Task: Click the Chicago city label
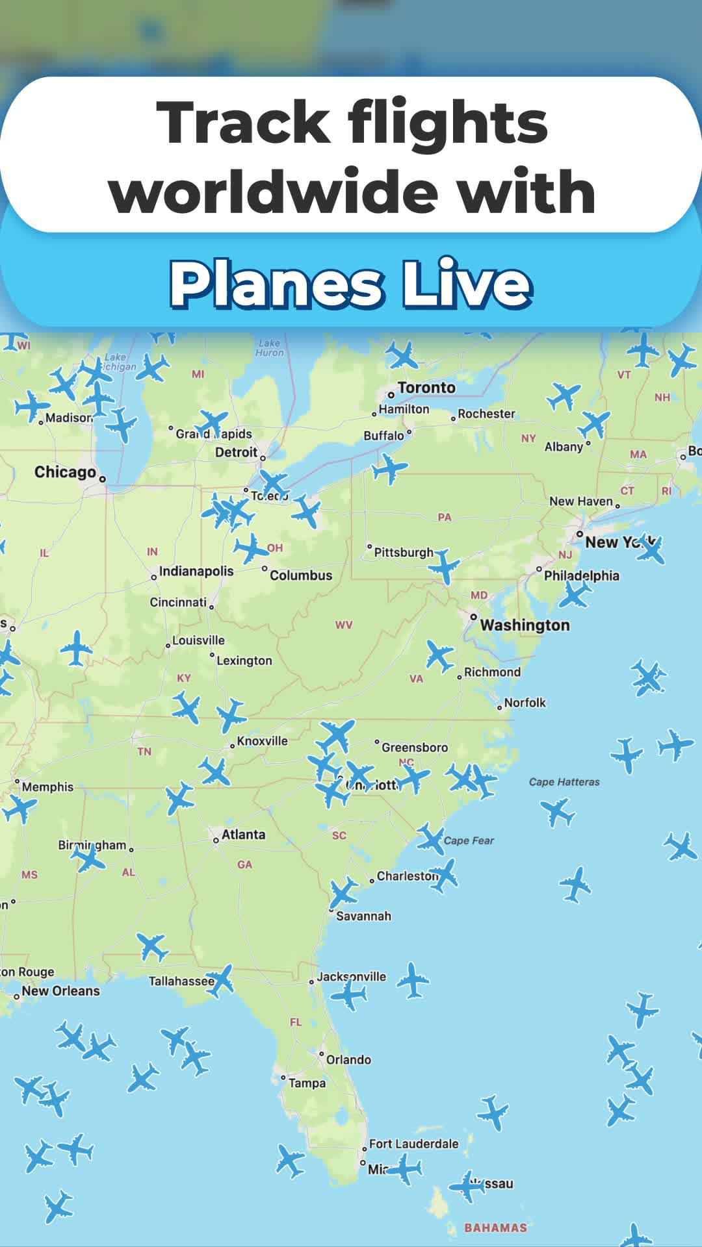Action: [x=65, y=472]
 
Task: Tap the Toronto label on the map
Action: [x=426, y=388]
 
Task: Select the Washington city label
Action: [x=525, y=625]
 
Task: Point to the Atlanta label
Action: [x=243, y=835]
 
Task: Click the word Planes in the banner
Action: [x=276, y=284]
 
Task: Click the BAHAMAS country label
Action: [x=495, y=1228]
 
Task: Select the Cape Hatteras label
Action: [x=564, y=782]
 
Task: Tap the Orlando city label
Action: [x=348, y=1060]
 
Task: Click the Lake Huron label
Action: [x=270, y=347]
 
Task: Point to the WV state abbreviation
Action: [x=344, y=625]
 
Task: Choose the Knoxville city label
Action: [x=262, y=741]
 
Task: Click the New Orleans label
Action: [x=60, y=991]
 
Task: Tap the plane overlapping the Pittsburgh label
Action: [x=445, y=565]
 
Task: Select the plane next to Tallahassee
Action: [x=221, y=981]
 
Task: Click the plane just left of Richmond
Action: [x=439, y=655]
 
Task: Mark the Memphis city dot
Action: [x=18, y=781]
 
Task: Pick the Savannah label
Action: [x=363, y=916]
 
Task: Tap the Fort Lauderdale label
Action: [x=413, y=1144]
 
